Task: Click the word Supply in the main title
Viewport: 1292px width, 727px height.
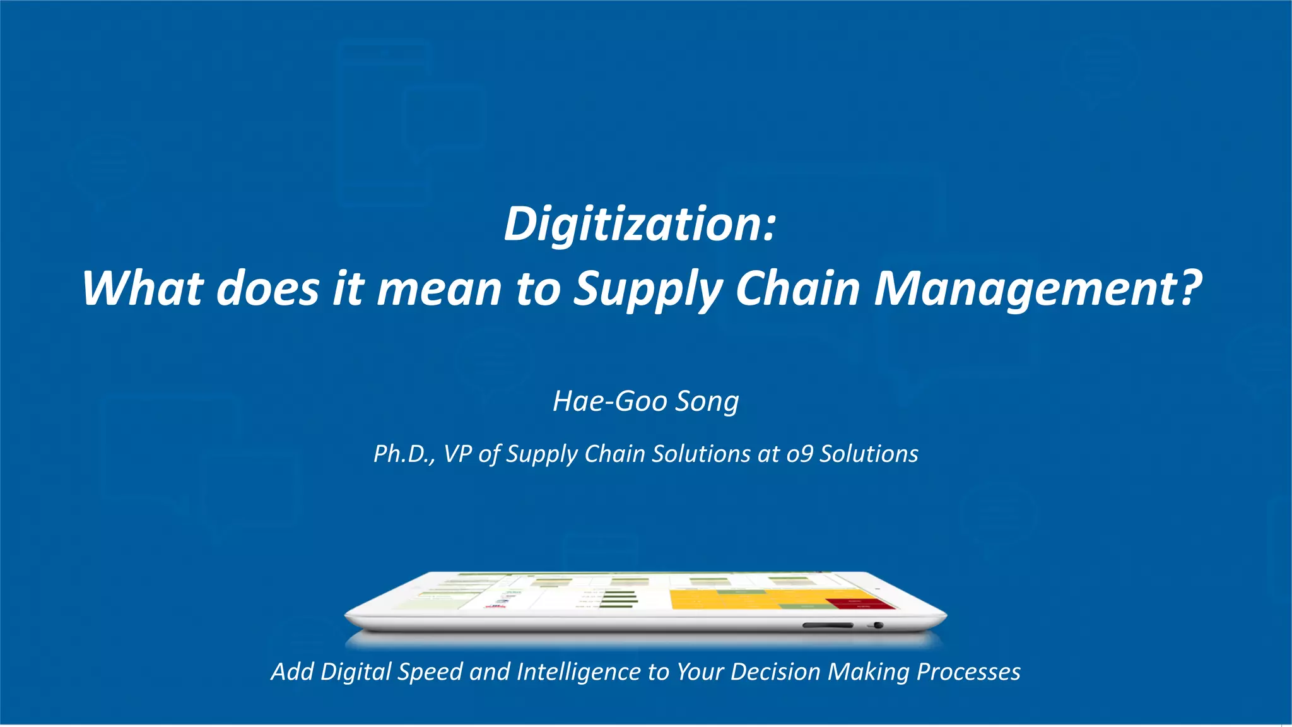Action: coord(647,288)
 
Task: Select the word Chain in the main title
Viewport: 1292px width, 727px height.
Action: coord(797,288)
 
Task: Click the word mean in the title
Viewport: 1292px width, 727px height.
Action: coord(438,288)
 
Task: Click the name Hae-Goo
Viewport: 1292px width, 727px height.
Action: coord(609,401)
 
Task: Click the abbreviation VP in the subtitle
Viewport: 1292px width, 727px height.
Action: coord(457,454)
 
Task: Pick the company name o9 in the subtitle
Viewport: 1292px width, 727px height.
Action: coord(799,454)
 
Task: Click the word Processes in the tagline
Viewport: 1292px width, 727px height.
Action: coord(968,672)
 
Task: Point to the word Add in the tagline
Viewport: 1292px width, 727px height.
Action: coord(292,672)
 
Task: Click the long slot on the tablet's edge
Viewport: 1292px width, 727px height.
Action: coord(827,625)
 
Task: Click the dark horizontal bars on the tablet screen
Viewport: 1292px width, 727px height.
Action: coord(619,600)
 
